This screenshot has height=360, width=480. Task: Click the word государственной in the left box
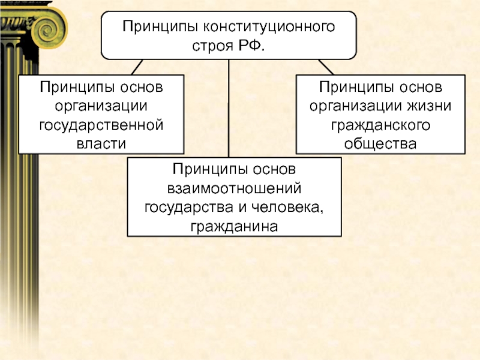click(x=101, y=125)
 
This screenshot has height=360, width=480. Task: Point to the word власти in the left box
click(x=101, y=144)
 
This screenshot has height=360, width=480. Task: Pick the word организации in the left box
click(x=101, y=106)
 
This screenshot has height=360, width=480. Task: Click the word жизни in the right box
click(x=430, y=106)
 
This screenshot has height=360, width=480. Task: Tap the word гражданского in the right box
click(x=380, y=125)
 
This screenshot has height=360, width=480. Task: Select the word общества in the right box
click(x=380, y=144)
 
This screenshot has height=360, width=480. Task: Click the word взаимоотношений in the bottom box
click(x=234, y=189)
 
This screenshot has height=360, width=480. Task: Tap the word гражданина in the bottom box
click(x=234, y=227)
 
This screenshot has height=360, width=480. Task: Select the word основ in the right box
click(x=421, y=88)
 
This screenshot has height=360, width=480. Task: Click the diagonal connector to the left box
click(x=136, y=67)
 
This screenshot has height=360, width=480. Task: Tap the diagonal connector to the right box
click(x=325, y=67)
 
